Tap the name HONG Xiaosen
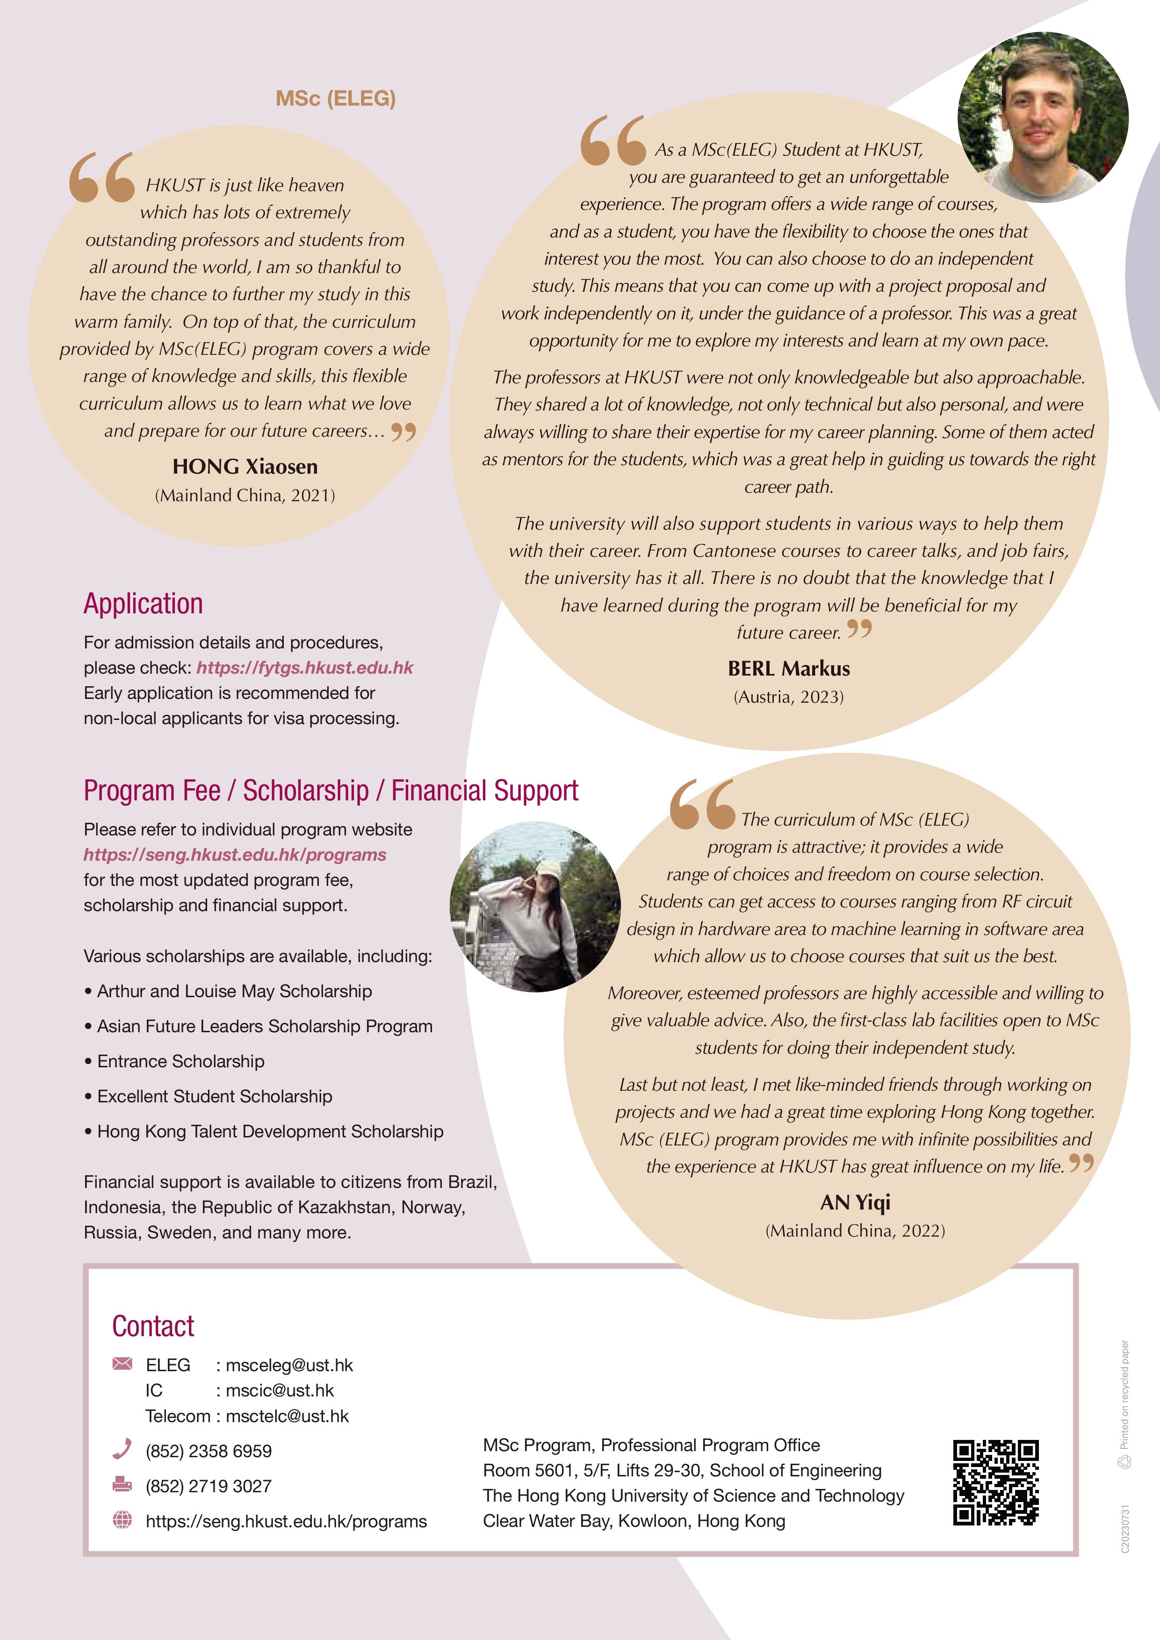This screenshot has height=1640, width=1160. coord(245,467)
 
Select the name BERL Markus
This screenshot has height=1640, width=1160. coord(789,669)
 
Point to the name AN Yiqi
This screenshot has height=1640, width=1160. coord(855,1203)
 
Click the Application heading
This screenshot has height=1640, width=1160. coord(143,604)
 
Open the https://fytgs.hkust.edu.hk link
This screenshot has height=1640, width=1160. coord(305,668)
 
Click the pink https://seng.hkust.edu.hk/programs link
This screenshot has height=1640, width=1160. coord(235,855)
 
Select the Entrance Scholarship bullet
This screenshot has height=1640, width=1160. coord(181,1061)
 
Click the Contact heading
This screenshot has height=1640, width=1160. coord(153,1326)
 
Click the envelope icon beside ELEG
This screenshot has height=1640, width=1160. coord(122,1364)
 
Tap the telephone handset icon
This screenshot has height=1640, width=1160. coord(122,1449)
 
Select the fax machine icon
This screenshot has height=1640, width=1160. coord(122,1484)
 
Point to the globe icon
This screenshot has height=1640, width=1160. coord(122,1520)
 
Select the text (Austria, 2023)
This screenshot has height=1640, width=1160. coord(789,697)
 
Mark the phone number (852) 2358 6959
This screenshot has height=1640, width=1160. coord(209,1452)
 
